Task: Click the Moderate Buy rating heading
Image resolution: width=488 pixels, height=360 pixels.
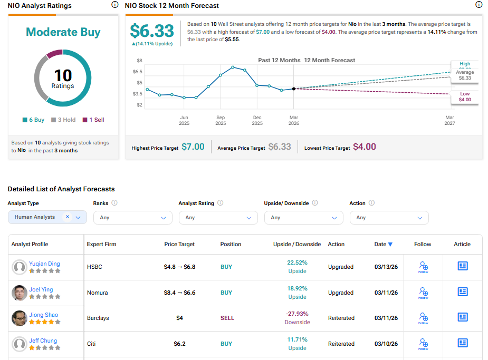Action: point(63,32)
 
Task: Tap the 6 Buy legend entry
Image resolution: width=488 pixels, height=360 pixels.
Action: point(33,120)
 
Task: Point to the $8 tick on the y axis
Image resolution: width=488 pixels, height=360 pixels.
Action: point(139,61)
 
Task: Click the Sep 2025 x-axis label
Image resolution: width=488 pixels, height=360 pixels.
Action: point(221,120)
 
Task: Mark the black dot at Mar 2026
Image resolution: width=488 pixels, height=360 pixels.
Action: point(294,89)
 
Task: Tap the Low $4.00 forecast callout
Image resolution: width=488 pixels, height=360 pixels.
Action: point(464,96)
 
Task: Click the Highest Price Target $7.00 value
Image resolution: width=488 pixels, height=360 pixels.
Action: point(193,147)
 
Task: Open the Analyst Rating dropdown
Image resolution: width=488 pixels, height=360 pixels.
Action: point(218,217)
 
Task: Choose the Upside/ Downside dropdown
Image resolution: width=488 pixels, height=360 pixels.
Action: point(303,217)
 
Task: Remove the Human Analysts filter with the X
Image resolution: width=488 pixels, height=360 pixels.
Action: point(68,217)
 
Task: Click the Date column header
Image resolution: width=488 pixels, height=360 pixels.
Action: point(383,244)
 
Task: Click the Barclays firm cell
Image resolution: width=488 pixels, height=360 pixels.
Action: point(98,318)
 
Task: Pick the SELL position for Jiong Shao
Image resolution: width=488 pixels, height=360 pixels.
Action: point(227,318)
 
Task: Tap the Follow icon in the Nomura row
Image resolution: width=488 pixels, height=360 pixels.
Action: point(423,291)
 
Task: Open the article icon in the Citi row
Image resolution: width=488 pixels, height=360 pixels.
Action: point(463,343)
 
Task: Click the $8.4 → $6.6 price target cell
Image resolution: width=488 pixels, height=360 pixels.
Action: point(179,293)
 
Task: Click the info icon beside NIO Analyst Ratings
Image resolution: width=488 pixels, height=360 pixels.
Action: point(115,5)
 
